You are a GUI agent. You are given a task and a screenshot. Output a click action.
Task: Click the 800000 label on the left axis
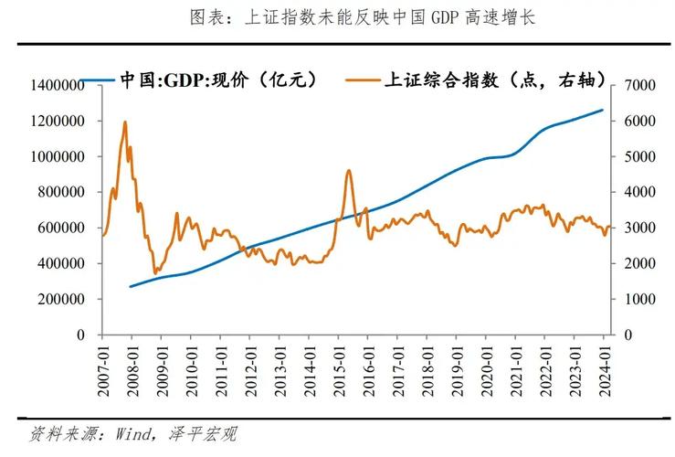pos(57,192)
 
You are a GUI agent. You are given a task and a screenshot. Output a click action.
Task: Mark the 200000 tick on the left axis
pos(57,299)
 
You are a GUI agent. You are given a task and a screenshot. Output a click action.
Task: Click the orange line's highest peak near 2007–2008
pos(125,122)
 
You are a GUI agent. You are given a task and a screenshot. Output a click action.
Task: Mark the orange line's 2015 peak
pos(349,170)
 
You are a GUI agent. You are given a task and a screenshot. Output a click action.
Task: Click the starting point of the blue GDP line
pos(131,286)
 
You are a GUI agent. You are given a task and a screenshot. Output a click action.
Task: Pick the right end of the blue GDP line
pos(604,110)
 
